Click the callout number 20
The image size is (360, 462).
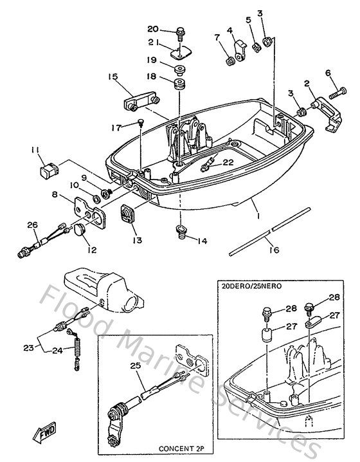[x=152, y=29]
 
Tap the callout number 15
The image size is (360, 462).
[x=113, y=77]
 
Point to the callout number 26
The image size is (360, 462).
[x=33, y=225]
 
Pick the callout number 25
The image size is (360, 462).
[x=134, y=366]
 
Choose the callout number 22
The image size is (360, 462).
[x=228, y=163]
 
